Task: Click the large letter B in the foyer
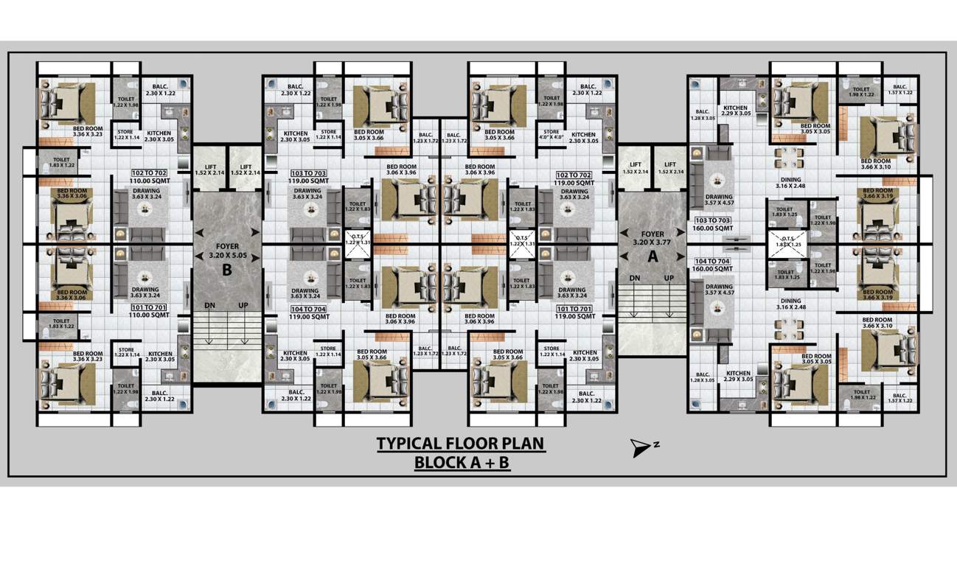227,270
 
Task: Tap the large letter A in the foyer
652,256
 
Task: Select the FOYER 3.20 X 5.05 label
227,250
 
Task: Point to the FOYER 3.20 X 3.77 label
652,237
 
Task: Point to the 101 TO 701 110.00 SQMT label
150,311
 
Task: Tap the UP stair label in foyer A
669,278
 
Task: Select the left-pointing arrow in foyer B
201,233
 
